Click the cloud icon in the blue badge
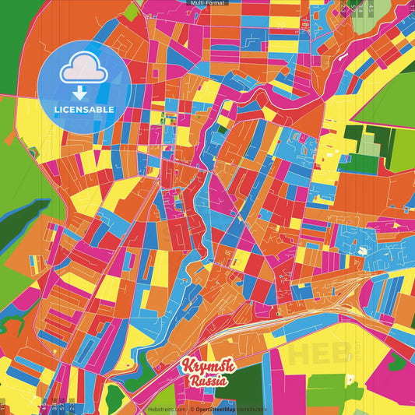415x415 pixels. (84, 70)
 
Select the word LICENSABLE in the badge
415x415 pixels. (84, 109)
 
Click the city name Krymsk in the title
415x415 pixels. (204, 367)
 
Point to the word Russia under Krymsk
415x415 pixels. (206, 382)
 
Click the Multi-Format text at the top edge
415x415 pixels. (207, 3)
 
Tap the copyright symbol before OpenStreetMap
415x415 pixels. (192, 408)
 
